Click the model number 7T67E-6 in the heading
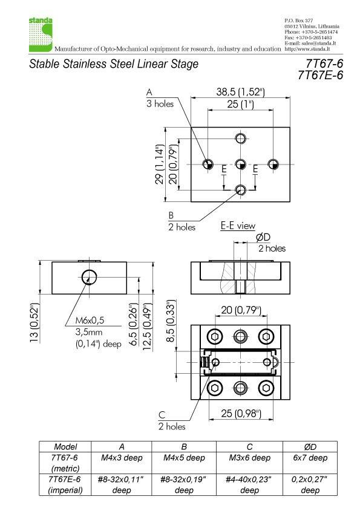coord(320,76)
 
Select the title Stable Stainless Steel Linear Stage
coord(114,64)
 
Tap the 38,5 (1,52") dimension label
coord(241,93)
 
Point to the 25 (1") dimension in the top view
coord(241,105)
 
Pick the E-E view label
coord(237,226)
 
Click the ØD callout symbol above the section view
coord(263,238)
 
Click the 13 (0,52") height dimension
coord(34,322)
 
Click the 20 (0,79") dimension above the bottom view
coord(240,311)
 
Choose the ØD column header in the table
coord(310,447)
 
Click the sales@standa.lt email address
coord(316,44)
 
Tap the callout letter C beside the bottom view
coord(162,415)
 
